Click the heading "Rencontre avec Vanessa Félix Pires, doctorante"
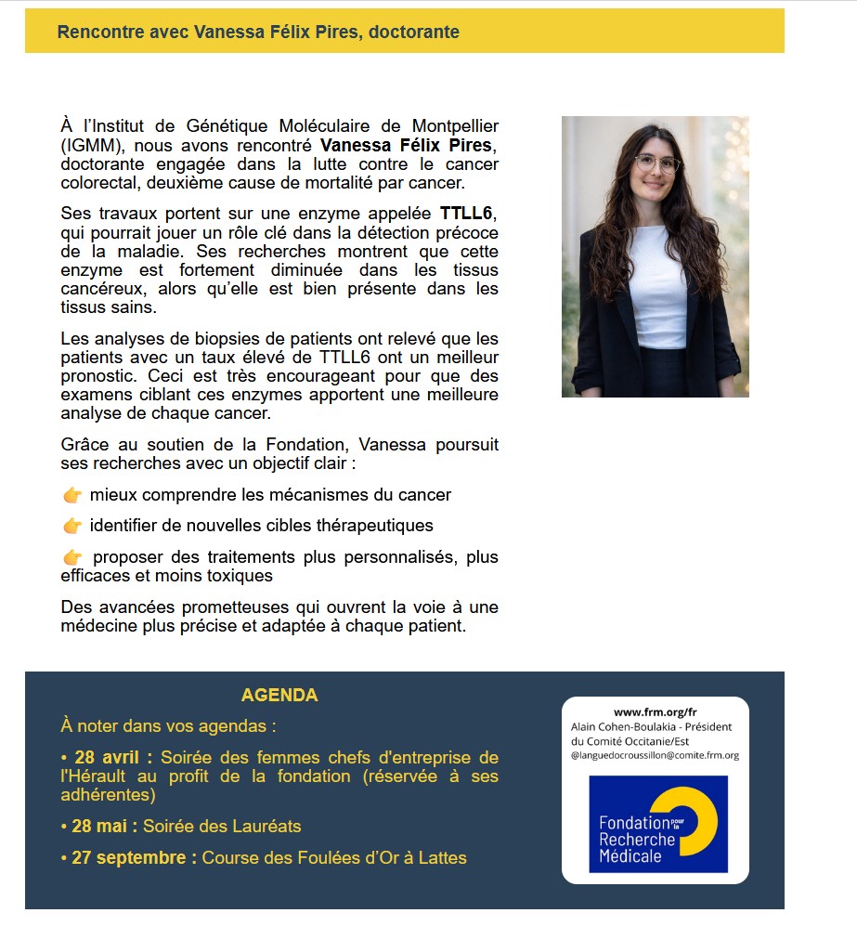[258, 33]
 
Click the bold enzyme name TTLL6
[469, 214]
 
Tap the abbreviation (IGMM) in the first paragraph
[88, 144]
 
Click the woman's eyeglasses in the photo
[656, 163]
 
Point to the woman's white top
[657, 279]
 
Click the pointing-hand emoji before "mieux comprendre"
[72, 496]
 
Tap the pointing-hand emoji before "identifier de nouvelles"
[72, 526]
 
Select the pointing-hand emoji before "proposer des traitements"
[72, 557]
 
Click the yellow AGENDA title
[279, 696]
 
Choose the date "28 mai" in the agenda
[104, 827]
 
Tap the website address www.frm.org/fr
[655, 712]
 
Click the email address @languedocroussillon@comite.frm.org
[655, 755]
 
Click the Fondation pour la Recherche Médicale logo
[657, 824]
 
